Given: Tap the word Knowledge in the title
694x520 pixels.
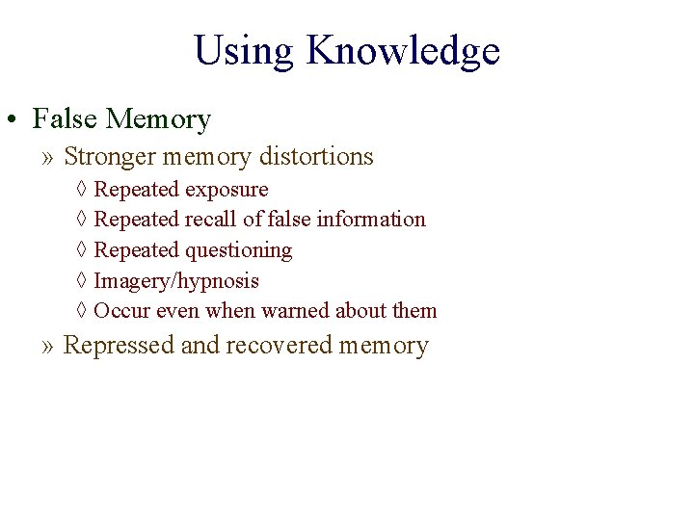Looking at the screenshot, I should click(403, 51).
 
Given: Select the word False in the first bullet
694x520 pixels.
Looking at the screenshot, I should click(66, 119).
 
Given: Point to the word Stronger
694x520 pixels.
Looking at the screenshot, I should click(113, 156).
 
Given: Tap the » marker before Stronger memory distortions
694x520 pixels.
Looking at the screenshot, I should click(48, 157).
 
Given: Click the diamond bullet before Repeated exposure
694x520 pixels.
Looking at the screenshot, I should click(81, 190).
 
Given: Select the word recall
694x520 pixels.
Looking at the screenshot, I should click(211, 220).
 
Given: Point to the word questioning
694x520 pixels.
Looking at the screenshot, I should click(238, 250).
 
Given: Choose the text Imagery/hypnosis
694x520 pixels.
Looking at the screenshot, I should click(176, 281).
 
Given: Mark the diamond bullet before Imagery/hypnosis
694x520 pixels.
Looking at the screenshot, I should click(81, 281).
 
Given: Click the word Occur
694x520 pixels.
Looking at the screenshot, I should click(120, 311).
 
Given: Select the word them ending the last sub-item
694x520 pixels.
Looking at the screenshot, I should click(414, 311).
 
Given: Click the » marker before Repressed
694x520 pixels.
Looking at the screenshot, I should click(48, 346).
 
